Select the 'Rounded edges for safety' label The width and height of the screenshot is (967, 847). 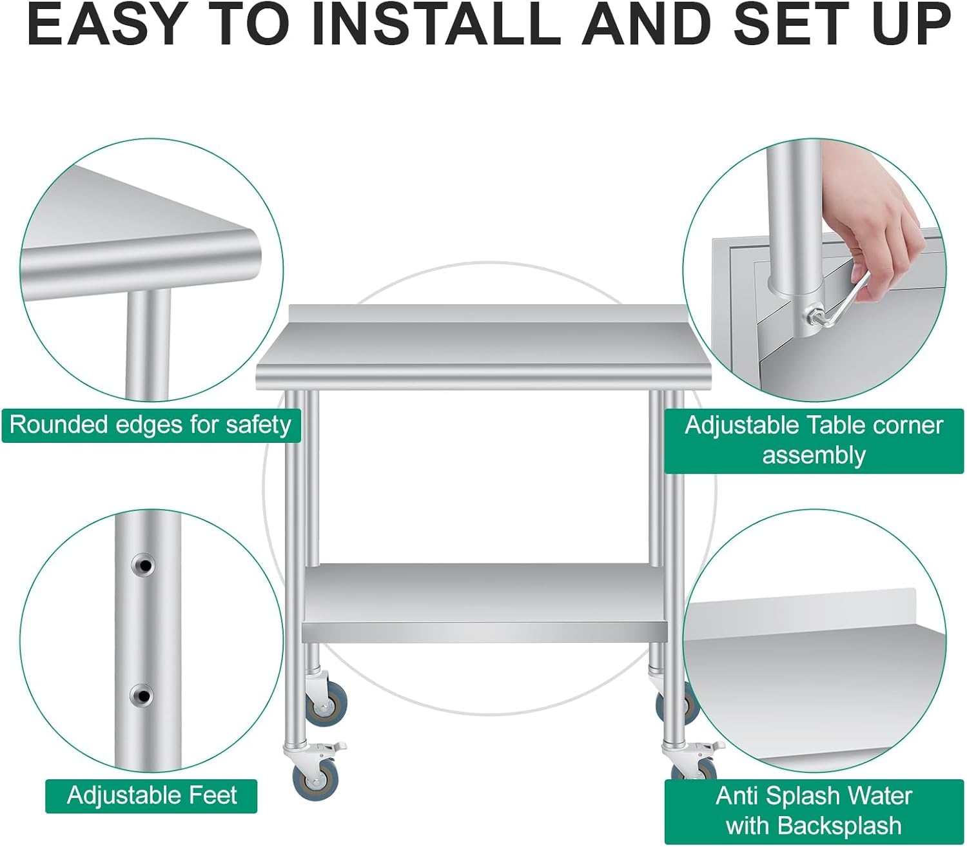pos(151,425)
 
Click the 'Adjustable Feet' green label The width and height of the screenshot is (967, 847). pos(151,796)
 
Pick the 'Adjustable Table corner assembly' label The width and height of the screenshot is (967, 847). pos(814,440)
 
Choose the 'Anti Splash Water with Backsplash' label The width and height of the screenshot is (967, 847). pos(814,811)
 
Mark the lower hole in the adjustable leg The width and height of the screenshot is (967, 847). pos(142,696)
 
